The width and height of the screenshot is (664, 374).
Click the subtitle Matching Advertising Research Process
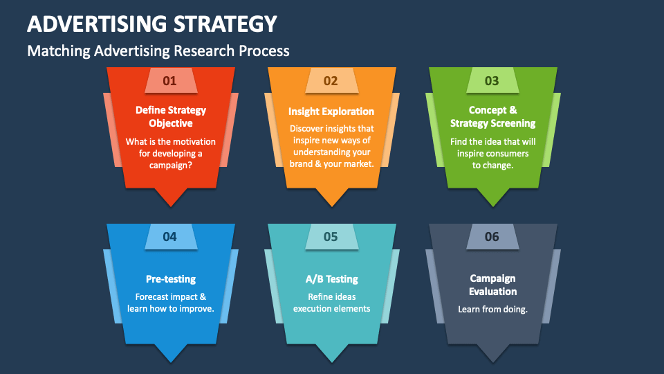pyautogui.click(x=158, y=51)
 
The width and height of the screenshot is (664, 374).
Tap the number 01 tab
pyautogui.click(x=170, y=80)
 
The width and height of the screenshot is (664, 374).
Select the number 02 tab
pyautogui.click(x=331, y=80)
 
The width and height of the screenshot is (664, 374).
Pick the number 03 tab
pyautogui.click(x=492, y=80)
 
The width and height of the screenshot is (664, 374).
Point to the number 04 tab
pyautogui.click(x=170, y=237)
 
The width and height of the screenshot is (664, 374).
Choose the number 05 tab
pyautogui.click(x=331, y=237)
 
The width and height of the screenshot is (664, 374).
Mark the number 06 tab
pyautogui.click(x=492, y=237)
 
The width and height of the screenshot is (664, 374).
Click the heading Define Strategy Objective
pyautogui.click(x=170, y=116)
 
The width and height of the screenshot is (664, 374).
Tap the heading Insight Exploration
pyautogui.click(x=331, y=111)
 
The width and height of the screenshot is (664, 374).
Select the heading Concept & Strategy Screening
pyautogui.click(x=492, y=116)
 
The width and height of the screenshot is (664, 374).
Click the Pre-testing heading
pyautogui.click(x=170, y=279)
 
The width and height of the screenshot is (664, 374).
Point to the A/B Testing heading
pyautogui.click(x=331, y=279)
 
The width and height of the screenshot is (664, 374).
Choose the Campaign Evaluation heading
pyautogui.click(x=492, y=285)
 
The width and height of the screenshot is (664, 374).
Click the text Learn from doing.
pyautogui.click(x=492, y=309)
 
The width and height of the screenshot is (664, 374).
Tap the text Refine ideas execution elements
pyautogui.click(x=331, y=303)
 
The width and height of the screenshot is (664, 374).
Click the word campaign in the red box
pyautogui.click(x=170, y=165)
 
